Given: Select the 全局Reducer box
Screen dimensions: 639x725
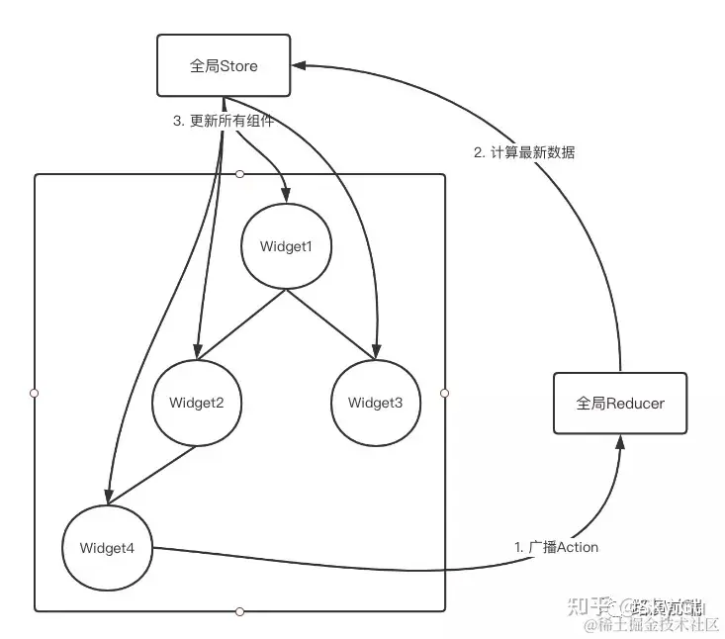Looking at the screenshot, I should tap(619, 404).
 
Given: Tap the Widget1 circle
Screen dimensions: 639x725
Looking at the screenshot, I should tap(285, 246).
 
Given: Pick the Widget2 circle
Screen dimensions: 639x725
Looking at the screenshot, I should tap(196, 403).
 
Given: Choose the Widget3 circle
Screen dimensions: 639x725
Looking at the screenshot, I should tap(375, 403).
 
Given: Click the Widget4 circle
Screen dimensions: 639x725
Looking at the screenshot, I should tap(106, 547).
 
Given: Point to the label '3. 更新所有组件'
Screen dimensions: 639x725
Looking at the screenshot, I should tap(223, 122).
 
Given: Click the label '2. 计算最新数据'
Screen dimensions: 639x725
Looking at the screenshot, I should tap(524, 152).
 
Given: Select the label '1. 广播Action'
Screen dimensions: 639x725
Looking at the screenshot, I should tap(556, 546).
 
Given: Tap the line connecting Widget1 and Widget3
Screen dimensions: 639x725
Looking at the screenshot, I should tap(329, 324).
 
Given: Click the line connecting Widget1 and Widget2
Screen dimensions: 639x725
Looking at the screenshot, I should tap(240, 324).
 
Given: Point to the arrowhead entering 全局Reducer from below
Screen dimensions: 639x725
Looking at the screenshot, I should tap(619, 442).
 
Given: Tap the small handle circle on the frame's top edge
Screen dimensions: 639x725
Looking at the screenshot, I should tap(239, 174).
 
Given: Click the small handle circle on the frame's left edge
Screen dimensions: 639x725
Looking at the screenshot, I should tap(35, 393).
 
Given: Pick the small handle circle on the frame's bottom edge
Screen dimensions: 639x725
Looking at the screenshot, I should tap(239, 611).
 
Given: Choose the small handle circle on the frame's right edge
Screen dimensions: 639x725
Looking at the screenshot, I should tap(445, 393).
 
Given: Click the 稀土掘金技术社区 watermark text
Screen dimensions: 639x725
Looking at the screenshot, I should tap(653, 625).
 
